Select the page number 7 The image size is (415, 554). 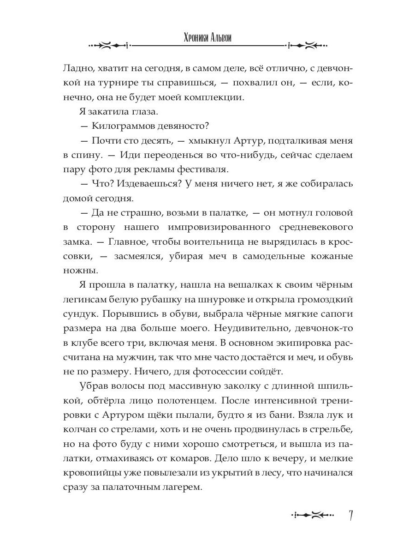(x=351, y=516)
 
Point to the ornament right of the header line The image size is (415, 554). (x=308, y=45)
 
